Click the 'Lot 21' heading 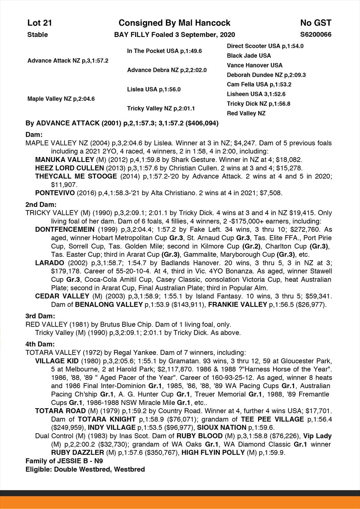tap(40, 23)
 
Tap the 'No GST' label tap(316, 23)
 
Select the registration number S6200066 tap(316, 35)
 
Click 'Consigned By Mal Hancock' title tap(174, 23)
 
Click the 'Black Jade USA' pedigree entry tap(249, 56)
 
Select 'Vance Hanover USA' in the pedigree tap(254, 65)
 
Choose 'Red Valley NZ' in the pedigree tap(246, 113)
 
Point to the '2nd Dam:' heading tap(41, 204)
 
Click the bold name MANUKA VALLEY tap(59, 159)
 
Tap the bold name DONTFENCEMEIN tap(65, 229)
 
